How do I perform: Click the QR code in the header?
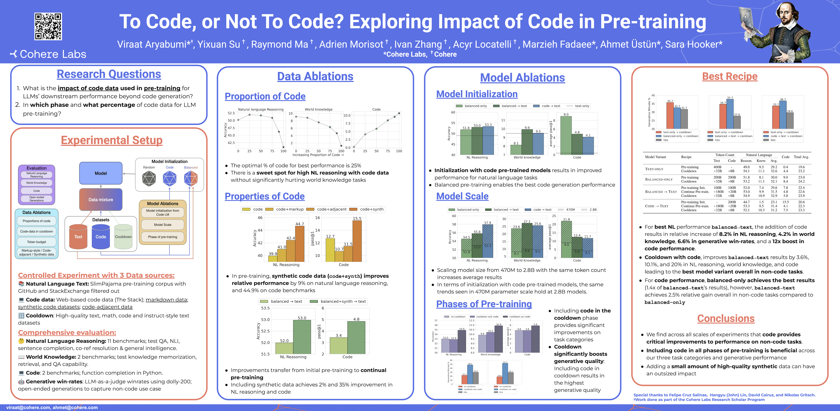click(x=48, y=26)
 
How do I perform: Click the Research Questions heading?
click(x=109, y=74)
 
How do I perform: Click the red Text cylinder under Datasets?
click(x=78, y=237)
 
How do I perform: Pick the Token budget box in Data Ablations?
click(x=37, y=242)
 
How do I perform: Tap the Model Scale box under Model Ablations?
click(x=162, y=225)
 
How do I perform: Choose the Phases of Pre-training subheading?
click(x=484, y=304)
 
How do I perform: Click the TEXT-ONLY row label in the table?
click(x=654, y=169)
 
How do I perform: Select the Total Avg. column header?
click(x=801, y=157)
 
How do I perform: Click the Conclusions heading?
click(x=726, y=319)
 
